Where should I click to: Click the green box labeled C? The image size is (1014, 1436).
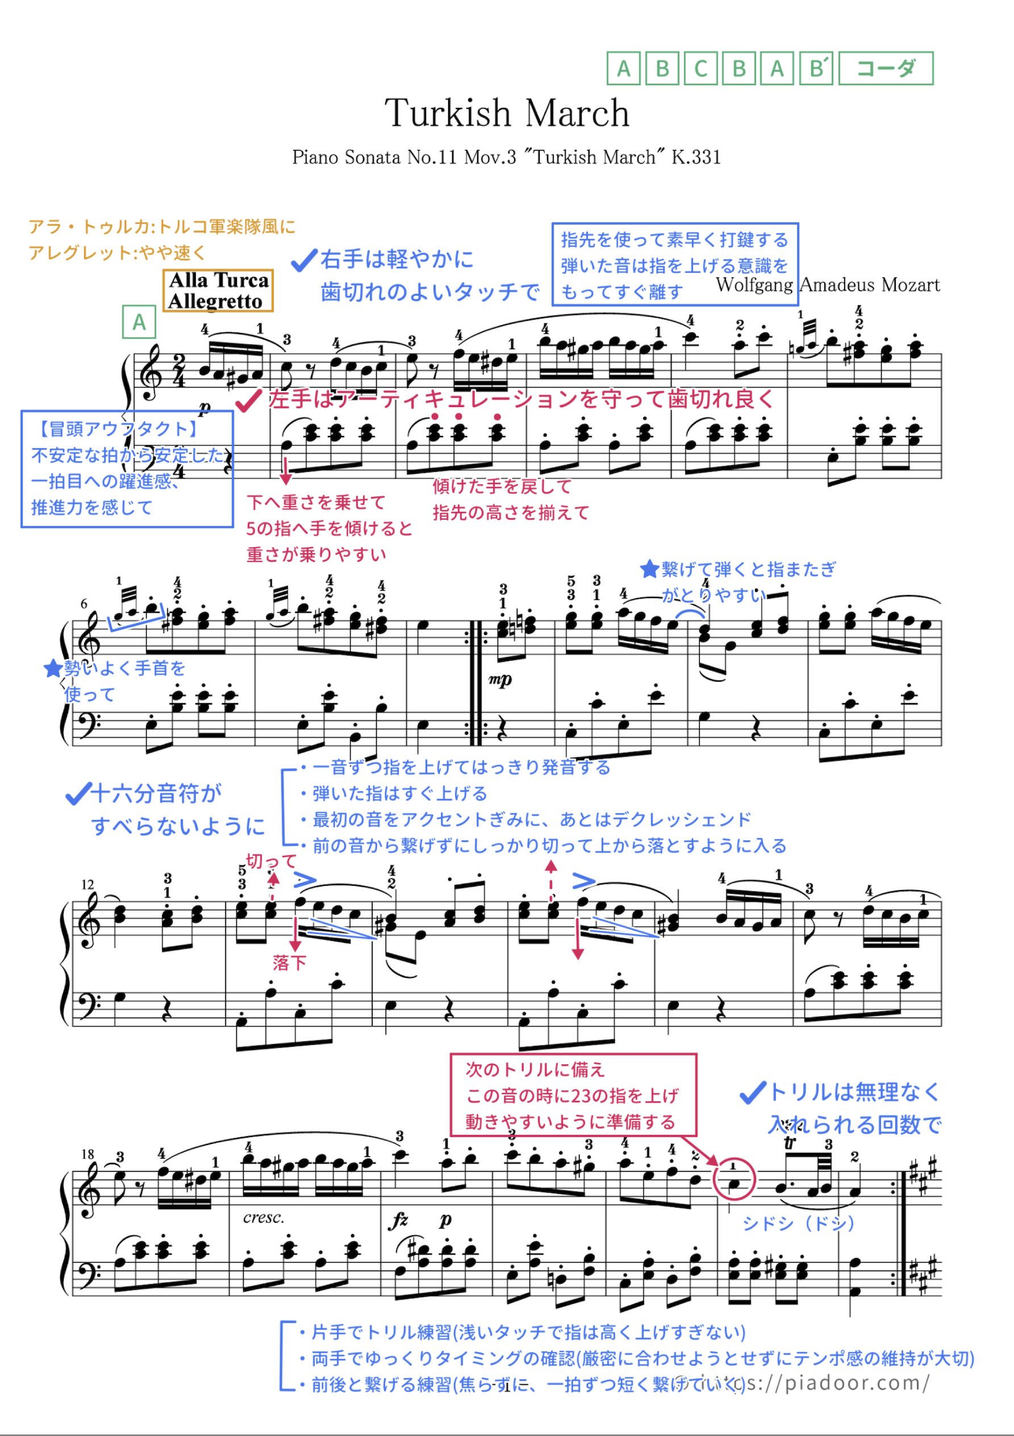pyautogui.click(x=700, y=68)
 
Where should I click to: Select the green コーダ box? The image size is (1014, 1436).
pyautogui.click(x=885, y=68)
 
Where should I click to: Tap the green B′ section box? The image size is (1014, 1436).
pyautogui.click(x=816, y=68)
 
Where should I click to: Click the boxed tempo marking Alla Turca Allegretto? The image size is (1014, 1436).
pyautogui.click(x=218, y=290)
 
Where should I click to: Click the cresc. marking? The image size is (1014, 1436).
pyautogui.click(x=263, y=1217)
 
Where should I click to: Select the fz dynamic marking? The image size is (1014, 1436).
pyautogui.click(x=399, y=1219)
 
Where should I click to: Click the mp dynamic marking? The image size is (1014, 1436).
pyautogui.click(x=500, y=679)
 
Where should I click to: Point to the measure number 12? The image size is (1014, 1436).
pyautogui.click(x=87, y=885)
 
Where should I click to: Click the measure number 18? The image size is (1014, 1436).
pyautogui.click(x=87, y=1154)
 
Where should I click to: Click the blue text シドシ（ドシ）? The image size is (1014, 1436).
pyautogui.click(x=798, y=1223)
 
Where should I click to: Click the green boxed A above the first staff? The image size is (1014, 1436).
pyautogui.click(x=139, y=322)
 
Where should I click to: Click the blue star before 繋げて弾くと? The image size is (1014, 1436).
pyautogui.click(x=649, y=569)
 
